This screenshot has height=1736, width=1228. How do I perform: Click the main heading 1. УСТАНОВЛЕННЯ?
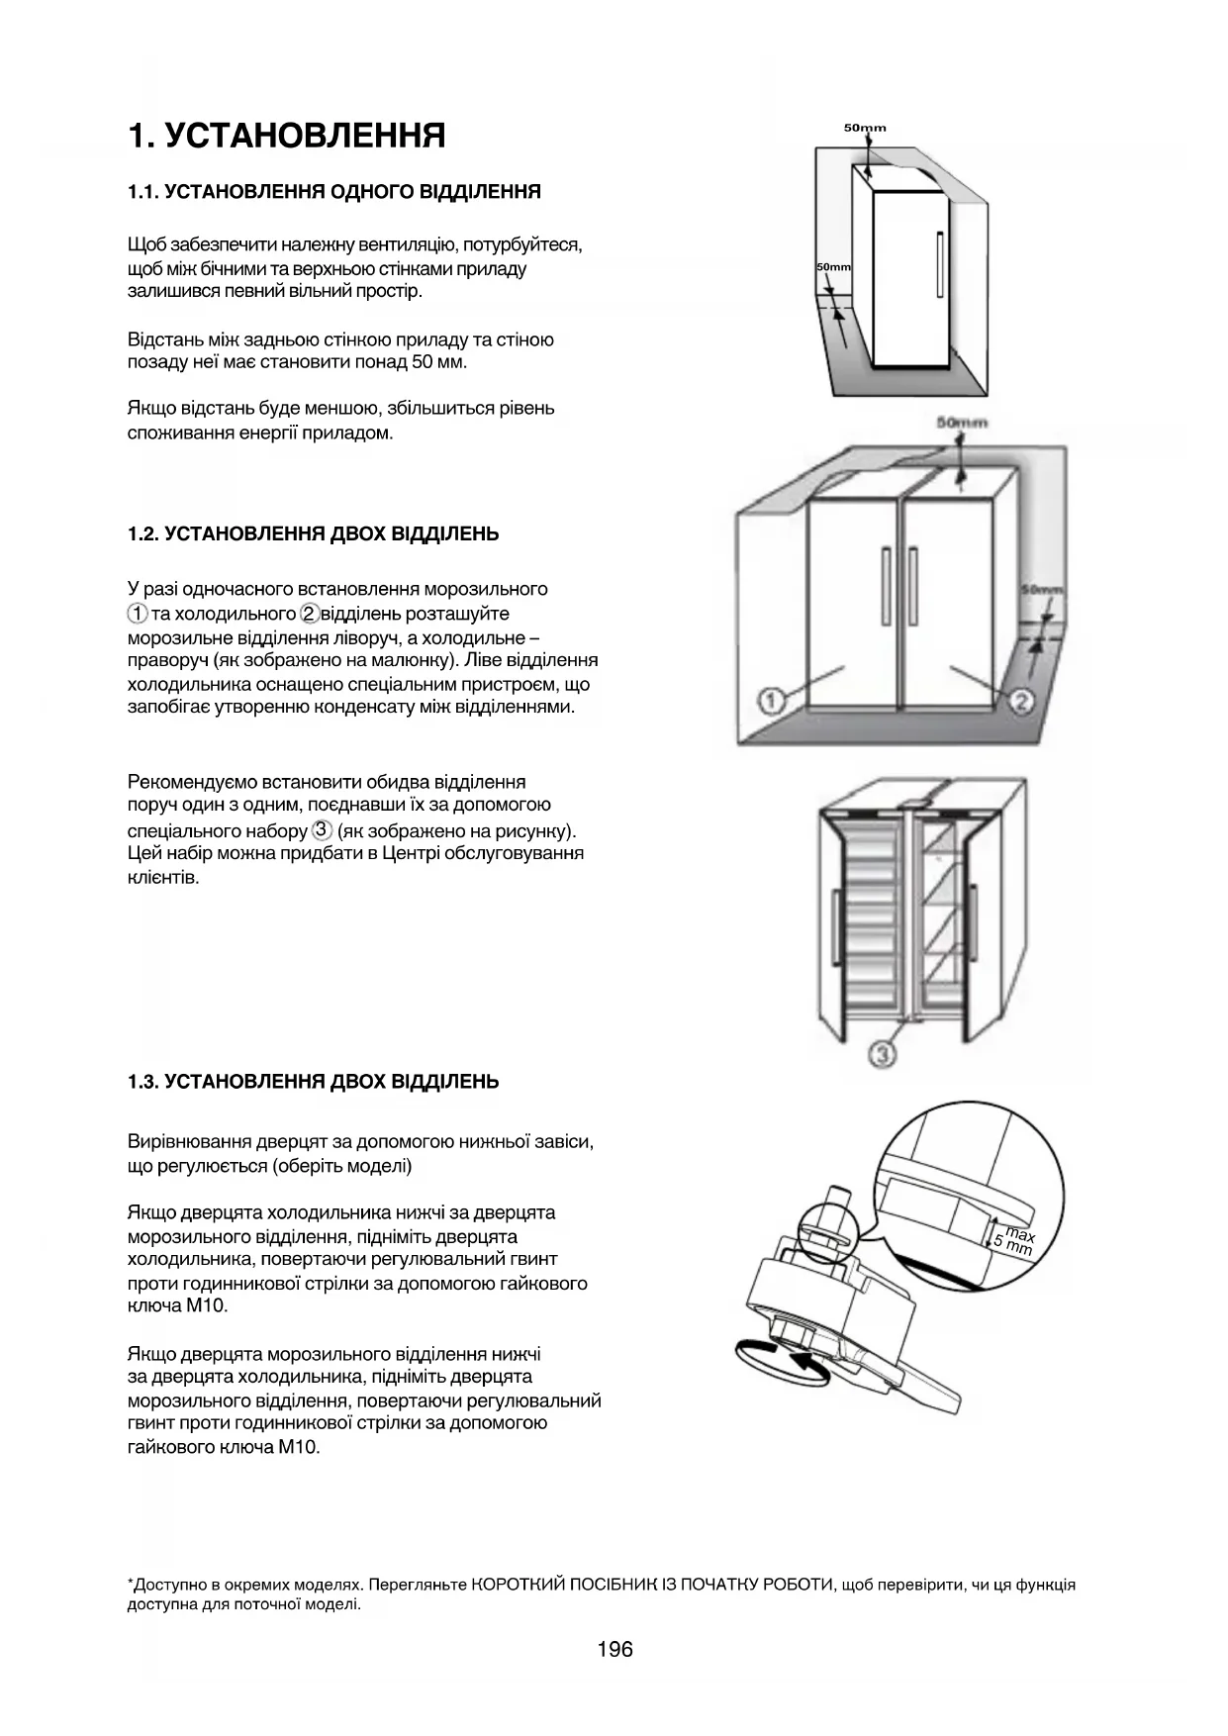point(286,136)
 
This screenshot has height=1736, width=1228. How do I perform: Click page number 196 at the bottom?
point(614,1649)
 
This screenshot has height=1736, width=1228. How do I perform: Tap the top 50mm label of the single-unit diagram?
point(865,128)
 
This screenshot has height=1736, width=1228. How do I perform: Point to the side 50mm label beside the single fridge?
point(833,267)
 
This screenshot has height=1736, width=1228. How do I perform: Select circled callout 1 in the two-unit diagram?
point(772,701)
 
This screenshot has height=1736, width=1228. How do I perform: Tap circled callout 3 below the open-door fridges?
point(882,1055)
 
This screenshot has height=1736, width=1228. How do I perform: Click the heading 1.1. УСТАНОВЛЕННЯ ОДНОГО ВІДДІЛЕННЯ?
point(334,192)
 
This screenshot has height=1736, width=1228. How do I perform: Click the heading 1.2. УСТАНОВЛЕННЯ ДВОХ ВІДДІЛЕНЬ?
point(313,534)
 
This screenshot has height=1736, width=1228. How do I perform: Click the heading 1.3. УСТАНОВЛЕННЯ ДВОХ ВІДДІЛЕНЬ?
point(313,1082)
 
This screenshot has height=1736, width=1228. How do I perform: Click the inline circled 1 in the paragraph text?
point(138,614)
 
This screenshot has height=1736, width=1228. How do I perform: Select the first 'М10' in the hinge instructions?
point(207,1305)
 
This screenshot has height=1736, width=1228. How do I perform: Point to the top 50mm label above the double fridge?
point(962,423)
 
